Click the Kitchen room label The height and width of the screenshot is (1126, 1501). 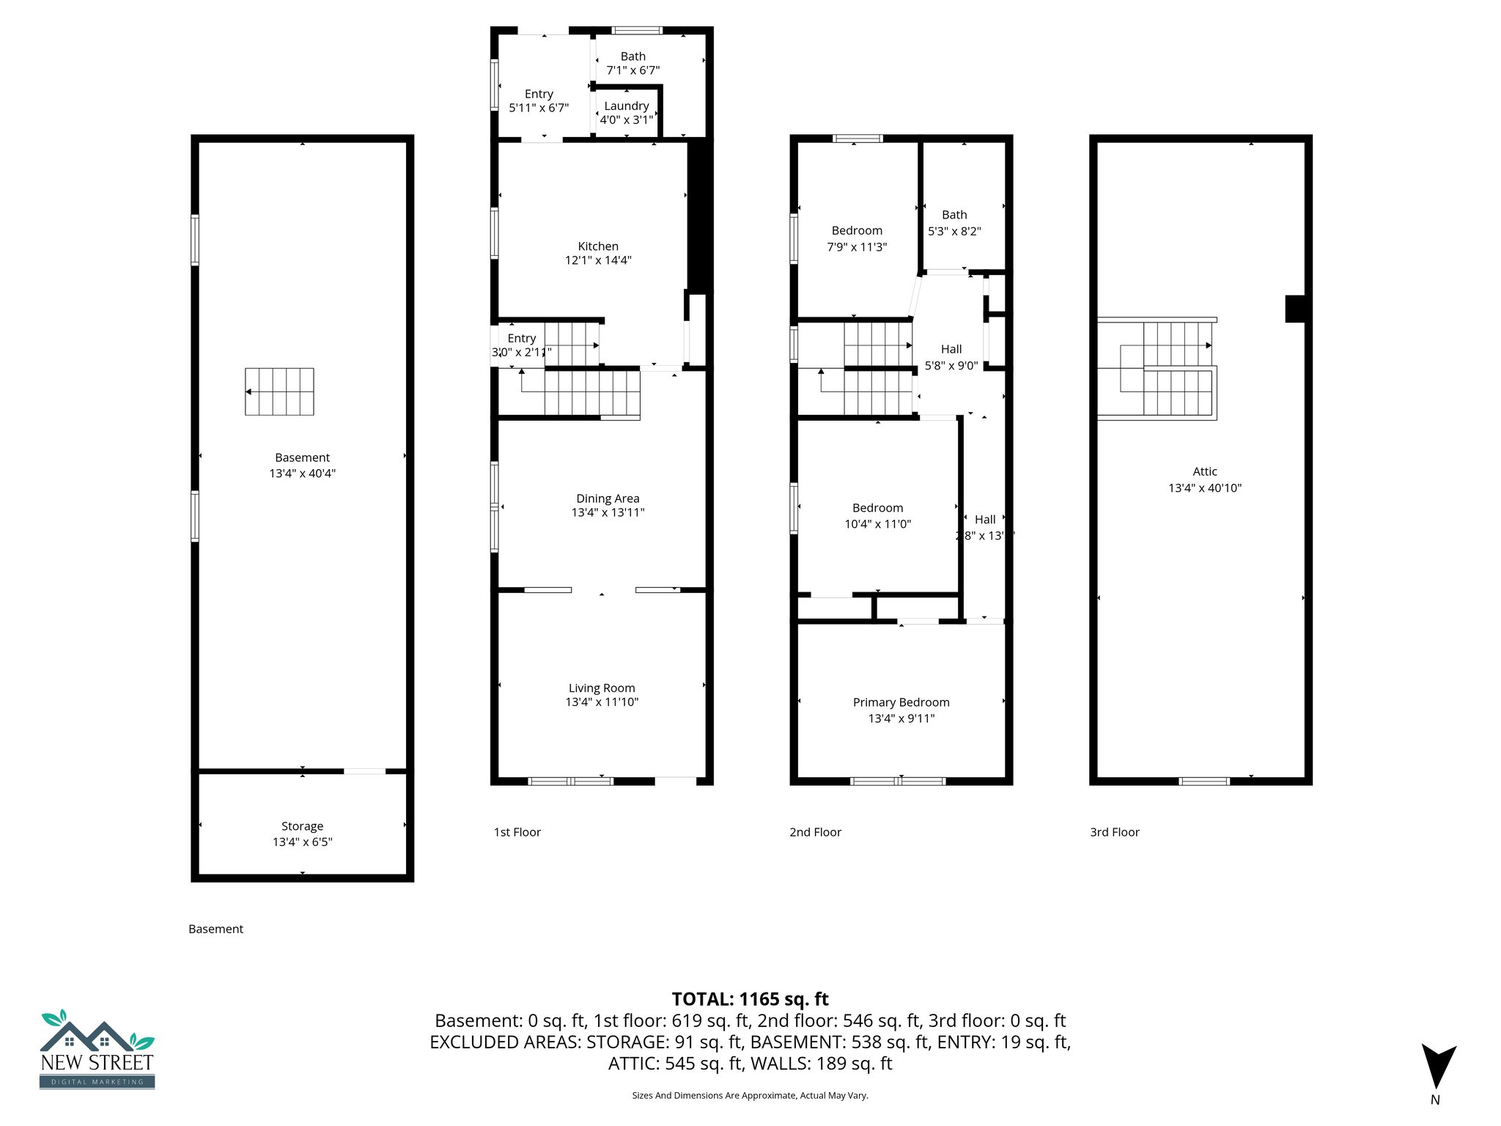tap(598, 246)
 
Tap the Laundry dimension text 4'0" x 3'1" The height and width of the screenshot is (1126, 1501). tap(626, 120)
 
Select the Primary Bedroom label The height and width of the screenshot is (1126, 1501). tap(901, 702)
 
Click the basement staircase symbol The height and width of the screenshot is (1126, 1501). tap(279, 391)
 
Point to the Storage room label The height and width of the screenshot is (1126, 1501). tap(302, 826)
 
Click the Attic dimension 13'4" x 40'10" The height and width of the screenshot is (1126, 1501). tap(1204, 488)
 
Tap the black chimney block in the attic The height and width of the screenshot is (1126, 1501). tap(1295, 309)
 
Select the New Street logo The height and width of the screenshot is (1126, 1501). tap(97, 1050)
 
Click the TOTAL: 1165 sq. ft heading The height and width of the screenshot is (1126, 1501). tap(750, 999)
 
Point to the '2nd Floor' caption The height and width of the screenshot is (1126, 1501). tap(815, 832)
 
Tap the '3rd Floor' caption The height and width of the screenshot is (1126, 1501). tap(1114, 832)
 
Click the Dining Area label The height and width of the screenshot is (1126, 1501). tap(608, 498)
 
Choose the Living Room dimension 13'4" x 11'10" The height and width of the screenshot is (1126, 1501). tap(602, 702)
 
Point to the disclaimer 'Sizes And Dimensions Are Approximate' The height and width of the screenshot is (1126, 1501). tap(750, 1095)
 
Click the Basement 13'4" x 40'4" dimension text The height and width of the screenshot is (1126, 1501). tap(302, 474)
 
